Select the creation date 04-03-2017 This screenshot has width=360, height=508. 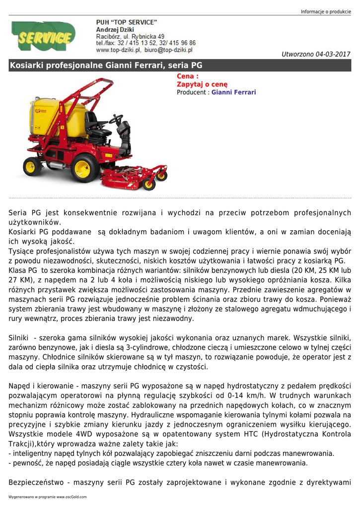pyautogui.click(x=333, y=54)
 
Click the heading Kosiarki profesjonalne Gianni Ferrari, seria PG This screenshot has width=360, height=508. pyautogui.click(x=106, y=65)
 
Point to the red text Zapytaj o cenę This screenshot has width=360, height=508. pyautogui.click(x=202, y=84)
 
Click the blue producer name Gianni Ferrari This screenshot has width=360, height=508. pyautogui.click(x=234, y=92)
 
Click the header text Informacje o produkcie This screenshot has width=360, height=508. pyautogui.click(x=326, y=12)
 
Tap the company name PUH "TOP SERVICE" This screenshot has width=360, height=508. pyautogui.click(x=126, y=22)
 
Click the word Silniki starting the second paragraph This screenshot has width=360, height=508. pyautogui.click(x=19, y=337)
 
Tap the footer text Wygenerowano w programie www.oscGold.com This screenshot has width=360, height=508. pyautogui.click(x=48, y=497)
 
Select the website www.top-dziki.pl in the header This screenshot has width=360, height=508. pyautogui.click(x=118, y=50)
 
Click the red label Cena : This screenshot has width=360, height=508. pyautogui.click(x=188, y=76)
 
